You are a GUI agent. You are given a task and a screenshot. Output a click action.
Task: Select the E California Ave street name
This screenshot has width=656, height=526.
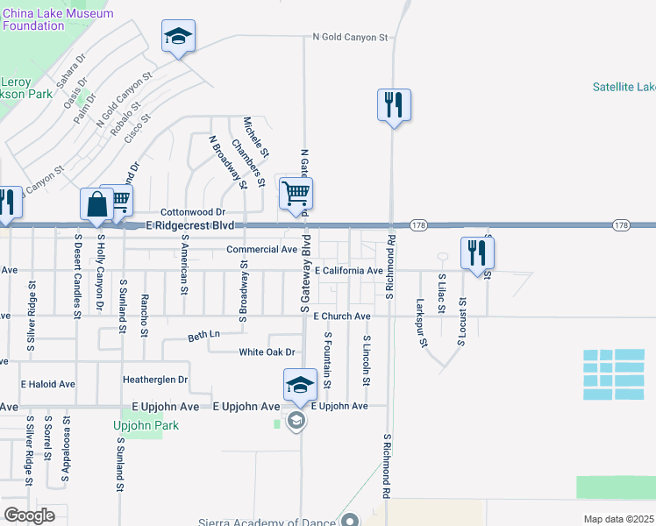[349, 271]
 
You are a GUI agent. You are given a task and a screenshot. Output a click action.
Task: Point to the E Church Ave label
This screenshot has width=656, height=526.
[339, 316]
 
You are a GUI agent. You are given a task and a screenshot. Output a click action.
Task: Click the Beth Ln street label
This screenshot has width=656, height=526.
[204, 336]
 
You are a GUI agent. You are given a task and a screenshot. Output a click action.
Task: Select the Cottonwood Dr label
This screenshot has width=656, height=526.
[193, 212]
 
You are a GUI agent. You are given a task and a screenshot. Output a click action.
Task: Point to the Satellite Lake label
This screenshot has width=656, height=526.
[624, 87]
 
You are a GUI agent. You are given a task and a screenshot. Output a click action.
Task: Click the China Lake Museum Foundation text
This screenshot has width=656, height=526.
[58, 19]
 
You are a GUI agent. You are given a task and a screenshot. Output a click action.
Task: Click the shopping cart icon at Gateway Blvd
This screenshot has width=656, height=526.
[296, 193]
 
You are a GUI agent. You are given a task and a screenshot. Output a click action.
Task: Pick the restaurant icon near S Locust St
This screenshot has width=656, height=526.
[478, 253]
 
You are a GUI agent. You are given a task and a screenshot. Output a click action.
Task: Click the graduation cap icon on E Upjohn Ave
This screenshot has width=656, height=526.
[299, 385]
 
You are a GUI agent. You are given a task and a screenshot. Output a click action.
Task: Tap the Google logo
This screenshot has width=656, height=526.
[29, 515]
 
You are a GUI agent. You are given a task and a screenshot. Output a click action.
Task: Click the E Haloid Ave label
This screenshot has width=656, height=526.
[48, 384]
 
